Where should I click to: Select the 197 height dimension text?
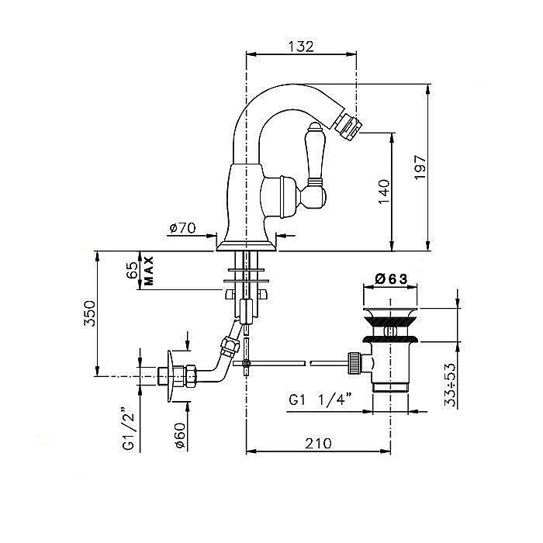pos(420,168)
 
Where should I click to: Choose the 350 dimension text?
pos(90,314)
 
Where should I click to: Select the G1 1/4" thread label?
pos(320,401)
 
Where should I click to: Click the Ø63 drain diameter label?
pos(393,278)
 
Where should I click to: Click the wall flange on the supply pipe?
pos(170,379)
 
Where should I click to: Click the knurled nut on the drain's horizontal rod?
pos(355,362)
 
